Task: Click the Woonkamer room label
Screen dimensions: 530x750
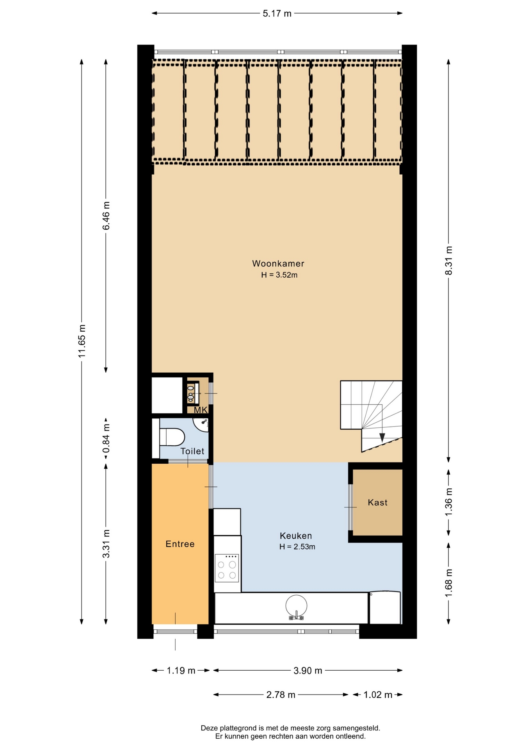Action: pos(278,264)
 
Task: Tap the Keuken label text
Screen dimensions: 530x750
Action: pos(296,536)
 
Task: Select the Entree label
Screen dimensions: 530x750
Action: pos(180,544)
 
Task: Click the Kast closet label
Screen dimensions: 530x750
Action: pos(377,503)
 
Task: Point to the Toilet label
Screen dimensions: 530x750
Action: pos(192,451)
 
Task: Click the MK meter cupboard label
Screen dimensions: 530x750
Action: pos(201,410)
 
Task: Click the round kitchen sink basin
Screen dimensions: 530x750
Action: pos(296,606)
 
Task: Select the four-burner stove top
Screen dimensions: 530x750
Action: pos(227,568)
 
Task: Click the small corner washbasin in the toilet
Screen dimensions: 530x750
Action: pos(202,424)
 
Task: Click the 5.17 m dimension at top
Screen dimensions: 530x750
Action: pos(277,14)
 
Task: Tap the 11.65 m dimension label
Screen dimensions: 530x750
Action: pos(82,341)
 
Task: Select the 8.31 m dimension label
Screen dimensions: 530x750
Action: pos(449,261)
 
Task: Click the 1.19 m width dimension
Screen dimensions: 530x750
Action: pos(181,671)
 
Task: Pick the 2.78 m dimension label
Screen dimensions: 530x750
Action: pos(281,695)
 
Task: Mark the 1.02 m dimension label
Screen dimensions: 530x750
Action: pos(378,695)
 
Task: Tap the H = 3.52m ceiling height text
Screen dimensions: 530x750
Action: pos(279,275)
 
